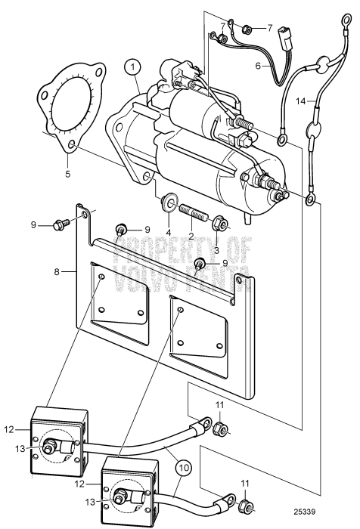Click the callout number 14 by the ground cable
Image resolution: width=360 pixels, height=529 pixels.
pos(321,101)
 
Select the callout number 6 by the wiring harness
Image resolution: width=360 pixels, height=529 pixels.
pos(257,66)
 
